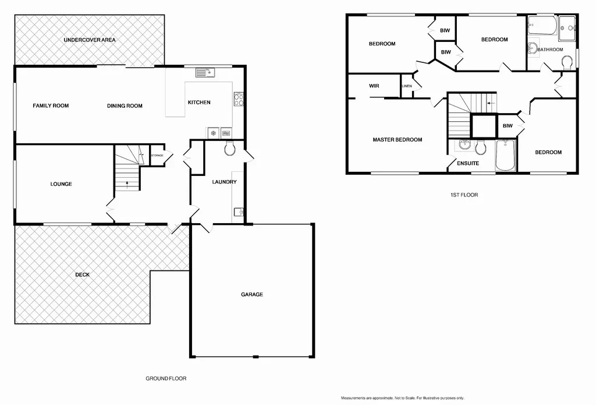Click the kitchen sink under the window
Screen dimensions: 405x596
(x=205, y=72)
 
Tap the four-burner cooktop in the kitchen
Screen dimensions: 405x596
(x=238, y=100)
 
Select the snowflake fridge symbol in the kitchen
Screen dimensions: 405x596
(x=214, y=133)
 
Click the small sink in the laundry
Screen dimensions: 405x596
(x=237, y=212)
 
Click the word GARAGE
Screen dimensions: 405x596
(x=252, y=294)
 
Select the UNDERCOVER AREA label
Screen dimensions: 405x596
(x=90, y=40)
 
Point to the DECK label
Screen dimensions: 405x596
(x=82, y=274)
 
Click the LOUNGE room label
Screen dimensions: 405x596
(x=61, y=184)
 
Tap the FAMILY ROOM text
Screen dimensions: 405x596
(x=51, y=105)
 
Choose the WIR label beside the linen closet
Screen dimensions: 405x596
(x=374, y=86)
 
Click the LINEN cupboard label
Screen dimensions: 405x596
(x=407, y=86)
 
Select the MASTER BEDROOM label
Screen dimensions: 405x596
(x=398, y=140)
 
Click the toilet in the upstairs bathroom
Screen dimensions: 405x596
(x=567, y=62)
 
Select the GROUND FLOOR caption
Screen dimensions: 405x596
(x=166, y=378)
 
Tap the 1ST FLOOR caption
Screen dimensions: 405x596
(x=463, y=195)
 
